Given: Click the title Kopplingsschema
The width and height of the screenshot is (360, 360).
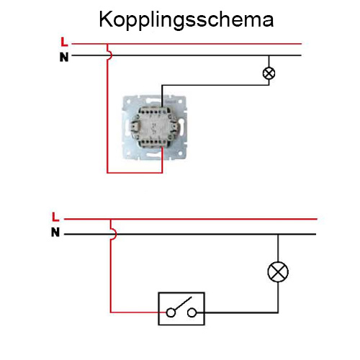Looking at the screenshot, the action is click(186, 20).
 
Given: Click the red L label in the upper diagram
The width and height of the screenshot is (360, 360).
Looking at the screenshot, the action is click(64, 42).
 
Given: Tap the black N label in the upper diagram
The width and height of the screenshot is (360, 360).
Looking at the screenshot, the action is click(64, 57).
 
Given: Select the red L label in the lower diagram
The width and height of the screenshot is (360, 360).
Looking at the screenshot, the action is click(55, 217).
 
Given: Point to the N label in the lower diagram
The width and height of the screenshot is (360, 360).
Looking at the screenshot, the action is click(55, 232).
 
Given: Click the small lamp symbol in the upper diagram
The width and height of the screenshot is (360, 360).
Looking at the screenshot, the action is click(269, 73).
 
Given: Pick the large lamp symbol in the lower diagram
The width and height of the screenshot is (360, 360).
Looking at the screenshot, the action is click(278, 271).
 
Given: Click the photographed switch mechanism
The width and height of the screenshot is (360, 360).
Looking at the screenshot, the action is click(155, 127).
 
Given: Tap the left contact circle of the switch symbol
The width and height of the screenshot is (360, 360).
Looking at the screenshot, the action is click(171, 312).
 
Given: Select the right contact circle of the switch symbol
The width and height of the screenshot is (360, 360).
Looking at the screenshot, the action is click(192, 312).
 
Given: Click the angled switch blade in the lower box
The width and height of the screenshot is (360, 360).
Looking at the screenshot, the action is click(183, 303).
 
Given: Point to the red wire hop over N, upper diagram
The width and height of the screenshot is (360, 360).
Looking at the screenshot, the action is click(110, 55).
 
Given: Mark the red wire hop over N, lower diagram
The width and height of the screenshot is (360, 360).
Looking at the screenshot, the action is click(114, 233).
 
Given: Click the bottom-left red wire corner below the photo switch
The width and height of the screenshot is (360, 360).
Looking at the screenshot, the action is click(107, 173).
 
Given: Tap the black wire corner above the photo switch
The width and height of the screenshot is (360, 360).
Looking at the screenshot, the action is click(162, 85).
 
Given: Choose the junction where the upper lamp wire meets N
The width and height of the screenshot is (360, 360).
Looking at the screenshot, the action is click(269, 55).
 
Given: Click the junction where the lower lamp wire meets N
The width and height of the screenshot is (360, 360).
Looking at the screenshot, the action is click(278, 234).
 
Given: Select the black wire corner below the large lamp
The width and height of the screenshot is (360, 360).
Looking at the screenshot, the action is click(278, 312).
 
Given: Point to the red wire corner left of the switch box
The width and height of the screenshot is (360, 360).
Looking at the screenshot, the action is click(111, 312).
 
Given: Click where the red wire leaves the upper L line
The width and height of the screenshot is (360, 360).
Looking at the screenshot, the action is click(107, 44).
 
